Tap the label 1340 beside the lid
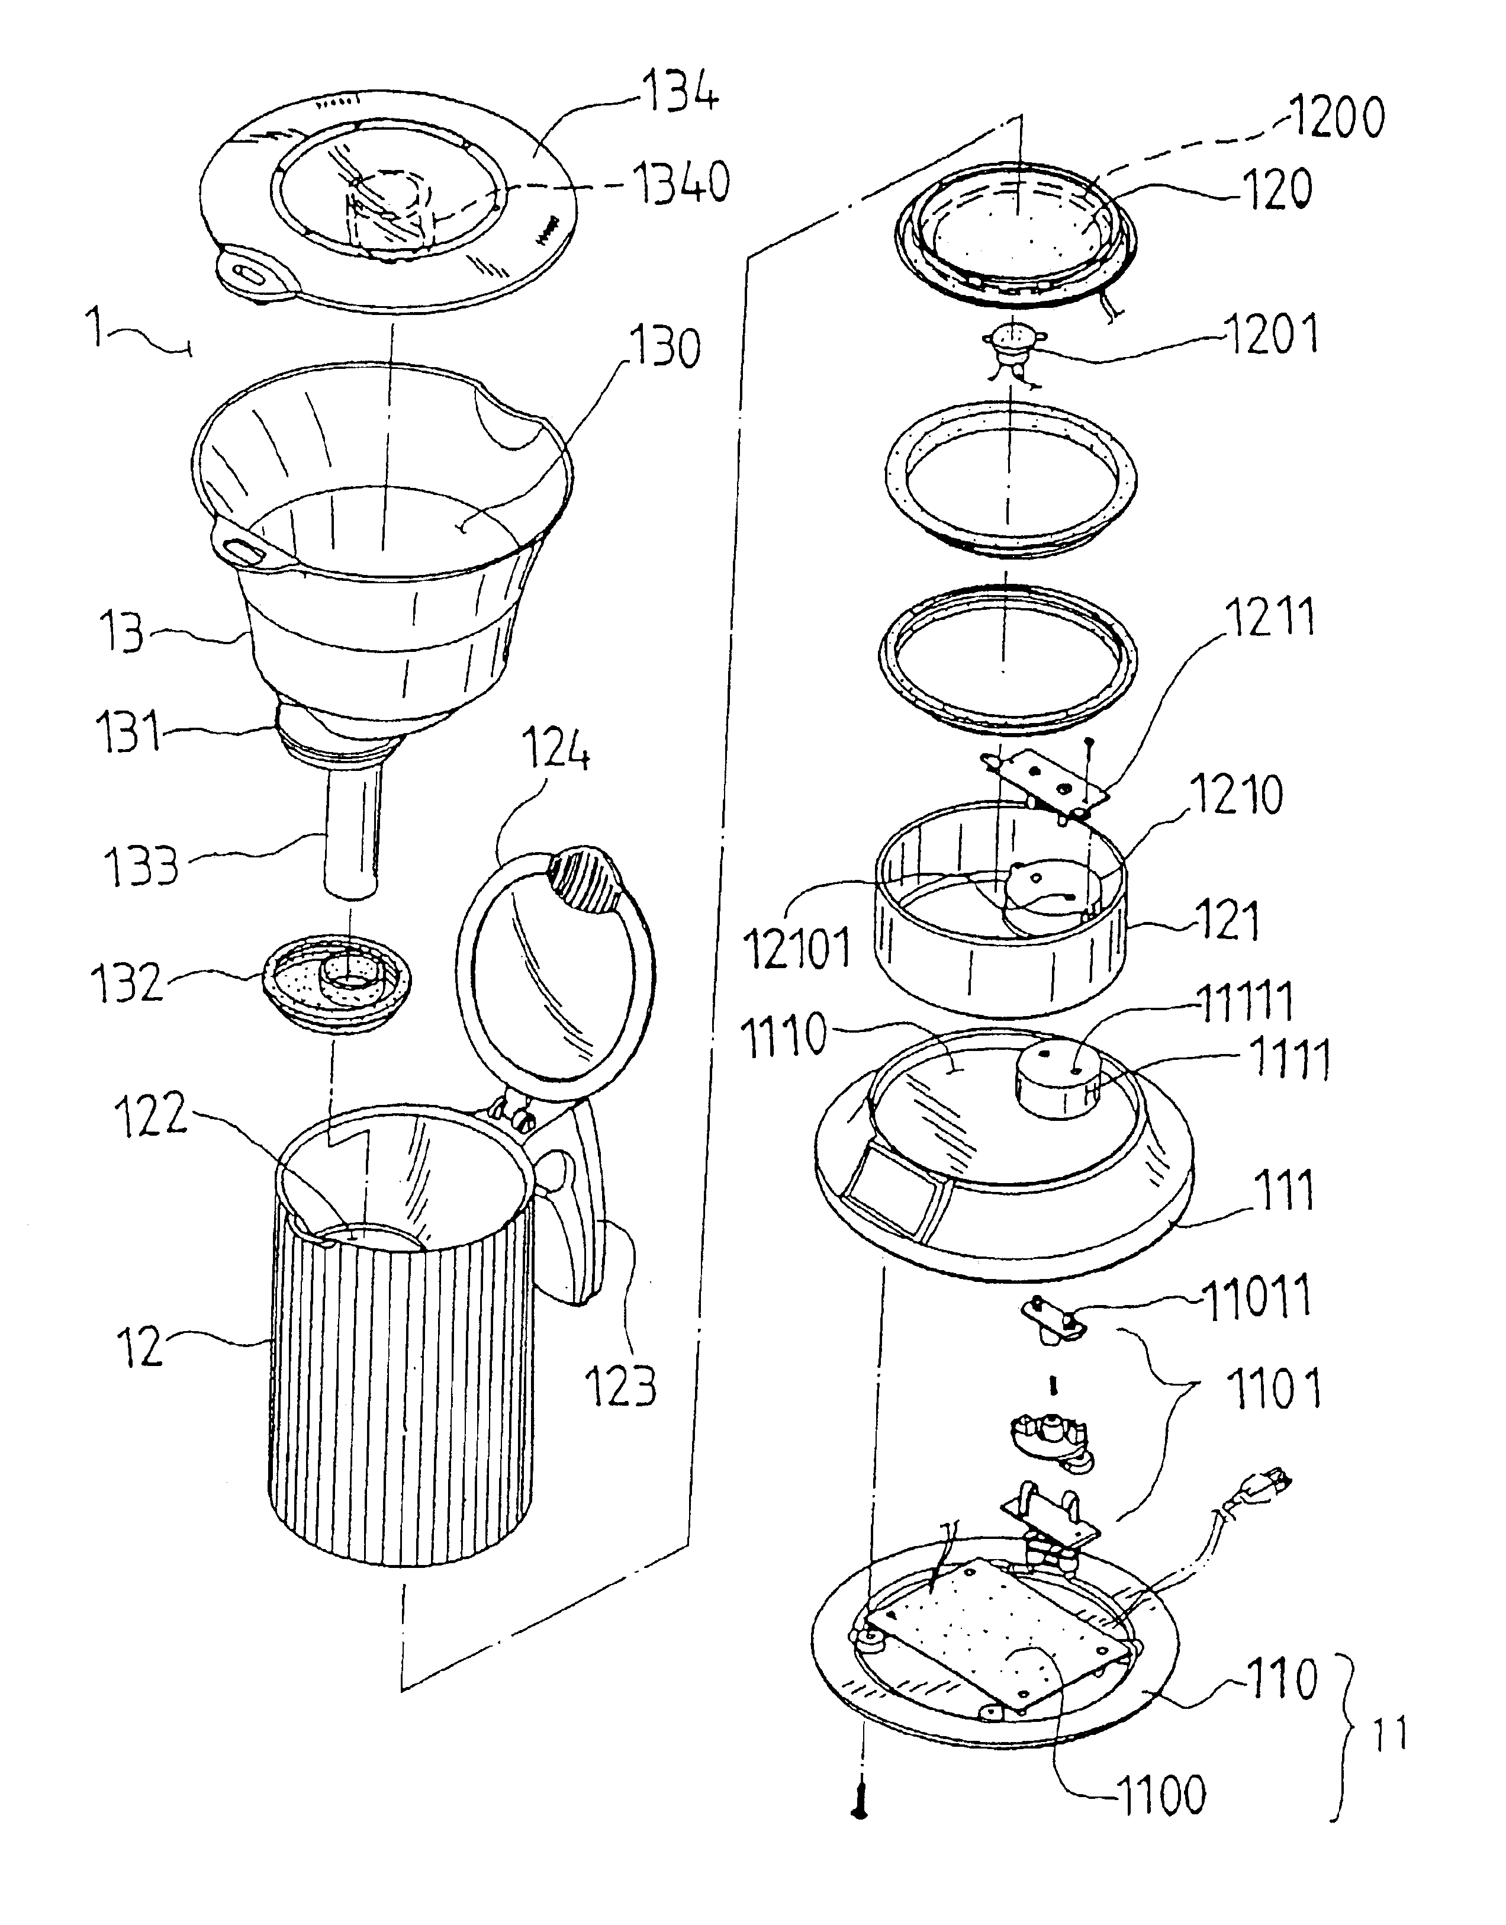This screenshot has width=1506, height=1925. [680, 184]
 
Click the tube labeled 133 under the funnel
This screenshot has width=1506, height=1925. [353, 831]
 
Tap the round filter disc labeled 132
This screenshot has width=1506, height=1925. [337, 985]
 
